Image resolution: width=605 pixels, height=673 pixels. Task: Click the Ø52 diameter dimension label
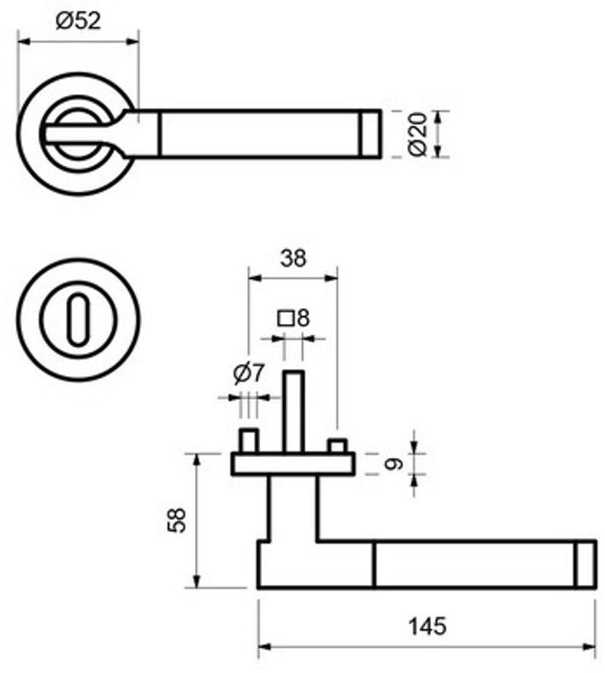[x=78, y=21]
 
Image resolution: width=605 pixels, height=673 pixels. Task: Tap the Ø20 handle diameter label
[x=416, y=134]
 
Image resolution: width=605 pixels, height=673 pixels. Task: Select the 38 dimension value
[x=292, y=258]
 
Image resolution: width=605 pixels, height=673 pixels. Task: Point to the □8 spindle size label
[x=294, y=319]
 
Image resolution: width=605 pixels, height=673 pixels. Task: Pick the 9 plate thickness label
[x=392, y=464]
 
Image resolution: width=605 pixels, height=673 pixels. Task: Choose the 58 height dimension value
[x=177, y=520]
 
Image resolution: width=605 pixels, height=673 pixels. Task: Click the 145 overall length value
[x=427, y=627]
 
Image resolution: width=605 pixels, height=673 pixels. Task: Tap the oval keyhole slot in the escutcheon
[x=77, y=320]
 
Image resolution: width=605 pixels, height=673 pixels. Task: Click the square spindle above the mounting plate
[x=293, y=411]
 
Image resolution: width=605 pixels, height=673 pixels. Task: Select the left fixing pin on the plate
[x=248, y=441]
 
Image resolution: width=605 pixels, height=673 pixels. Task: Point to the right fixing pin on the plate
[x=337, y=446]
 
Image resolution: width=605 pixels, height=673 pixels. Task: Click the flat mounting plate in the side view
[x=293, y=464]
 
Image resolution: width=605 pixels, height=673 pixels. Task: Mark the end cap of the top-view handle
[x=370, y=133]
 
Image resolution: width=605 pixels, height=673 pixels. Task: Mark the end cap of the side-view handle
[x=585, y=563]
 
